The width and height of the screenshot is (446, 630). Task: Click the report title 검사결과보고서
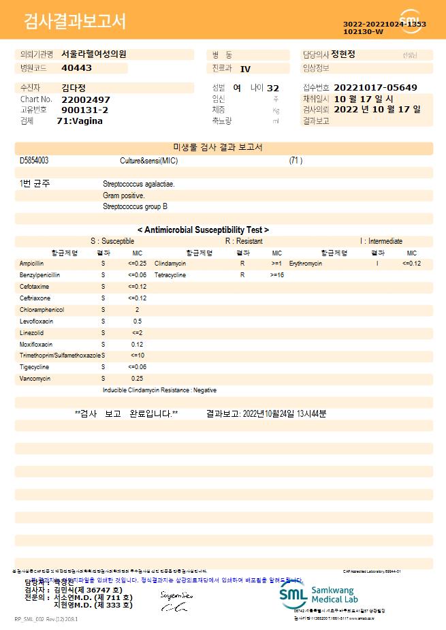[x=75, y=22]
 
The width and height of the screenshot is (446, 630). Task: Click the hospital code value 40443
[x=76, y=68]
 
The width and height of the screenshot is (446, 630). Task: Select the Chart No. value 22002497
[x=86, y=99]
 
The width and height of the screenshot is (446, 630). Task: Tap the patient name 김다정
[x=74, y=88]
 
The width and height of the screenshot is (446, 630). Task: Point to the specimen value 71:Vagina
[x=80, y=121]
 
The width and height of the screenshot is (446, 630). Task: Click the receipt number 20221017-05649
[x=377, y=88]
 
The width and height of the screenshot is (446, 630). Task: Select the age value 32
[x=273, y=89]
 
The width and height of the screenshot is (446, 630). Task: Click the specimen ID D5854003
[x=34, y=161]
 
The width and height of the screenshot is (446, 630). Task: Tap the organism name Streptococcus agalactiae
[x=138, y=184]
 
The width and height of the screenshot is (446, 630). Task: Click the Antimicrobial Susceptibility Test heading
[x=203, y=230]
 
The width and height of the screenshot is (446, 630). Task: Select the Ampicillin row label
[x=31, y=263]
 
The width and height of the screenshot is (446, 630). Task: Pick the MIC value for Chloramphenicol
[x=137, y=309]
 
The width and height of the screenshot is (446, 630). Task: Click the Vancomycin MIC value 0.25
[x=137, y=378]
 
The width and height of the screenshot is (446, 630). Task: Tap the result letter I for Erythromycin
[x=377, y=263]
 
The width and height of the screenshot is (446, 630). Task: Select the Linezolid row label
[x=31, y=332]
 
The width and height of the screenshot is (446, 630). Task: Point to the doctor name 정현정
[x=348, y=54]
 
